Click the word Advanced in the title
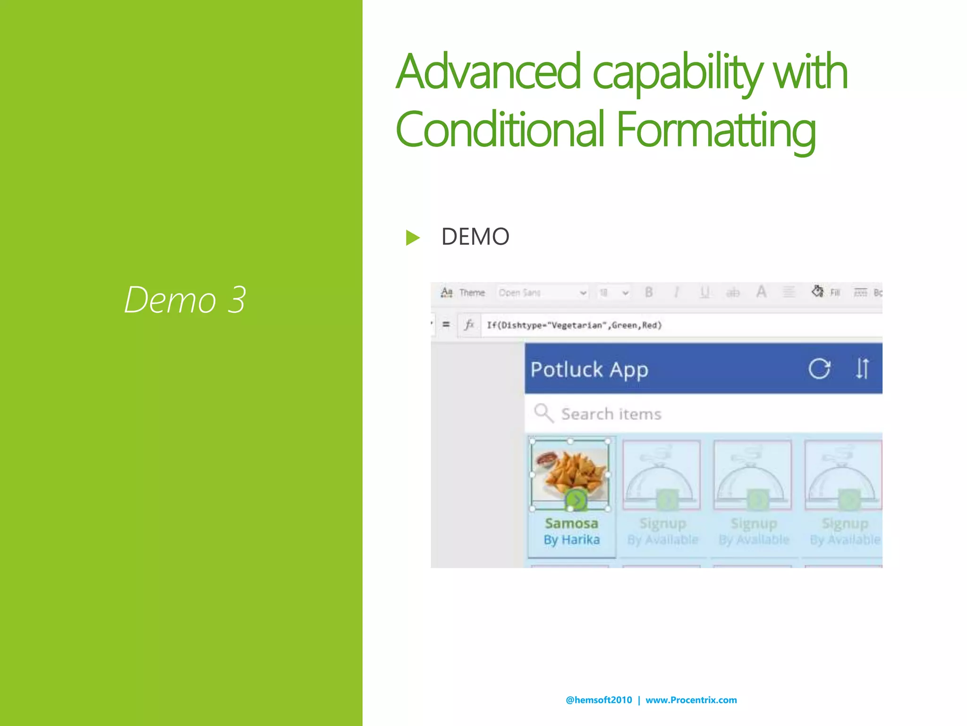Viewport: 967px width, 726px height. tap(488, 72)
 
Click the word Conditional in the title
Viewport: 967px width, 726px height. tap(500, 129)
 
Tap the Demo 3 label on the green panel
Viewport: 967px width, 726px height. tap(185, 300)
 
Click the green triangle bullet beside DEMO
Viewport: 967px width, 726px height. tap(412, 237)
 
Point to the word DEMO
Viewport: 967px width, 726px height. tap(475, 236)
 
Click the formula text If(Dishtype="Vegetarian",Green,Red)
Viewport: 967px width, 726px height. tap(574, 325)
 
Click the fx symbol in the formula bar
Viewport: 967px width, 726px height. tap(469, 325)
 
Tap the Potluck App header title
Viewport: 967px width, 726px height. tap(589, 370)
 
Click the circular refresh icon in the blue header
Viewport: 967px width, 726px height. tap(819, 369)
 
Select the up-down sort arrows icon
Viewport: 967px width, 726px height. tap(862, 369)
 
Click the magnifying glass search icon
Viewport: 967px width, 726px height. tap(543, 413)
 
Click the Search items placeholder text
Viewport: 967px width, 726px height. tap(611, 414)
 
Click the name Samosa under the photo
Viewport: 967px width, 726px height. tap(571, 523)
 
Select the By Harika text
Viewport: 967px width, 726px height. tap(571, 539)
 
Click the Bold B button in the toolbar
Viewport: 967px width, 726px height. tap(649, 293)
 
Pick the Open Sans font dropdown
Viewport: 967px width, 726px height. tap(542, 293)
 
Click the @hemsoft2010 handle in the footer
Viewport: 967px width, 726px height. tap(599, 700)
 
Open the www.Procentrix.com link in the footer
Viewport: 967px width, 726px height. tap(691, 700)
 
